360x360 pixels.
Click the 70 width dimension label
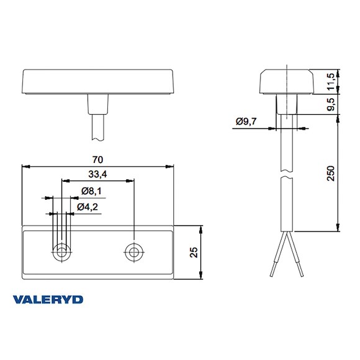tap(97, 160)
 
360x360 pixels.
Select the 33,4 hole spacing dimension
tap(97, 174)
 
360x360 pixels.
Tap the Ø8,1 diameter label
tap(92, 192)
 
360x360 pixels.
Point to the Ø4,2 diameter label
tap(88, 207)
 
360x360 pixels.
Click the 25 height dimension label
tap(194, 252)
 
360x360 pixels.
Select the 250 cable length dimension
tap(330, 173)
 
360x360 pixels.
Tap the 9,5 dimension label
tap(330, 103)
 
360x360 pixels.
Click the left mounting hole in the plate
tap(61, 252)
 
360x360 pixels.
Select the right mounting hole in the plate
tap(133, 252)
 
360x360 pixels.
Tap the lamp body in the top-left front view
tap(97, 80)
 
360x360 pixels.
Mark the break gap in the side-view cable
tap(287, 175)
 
